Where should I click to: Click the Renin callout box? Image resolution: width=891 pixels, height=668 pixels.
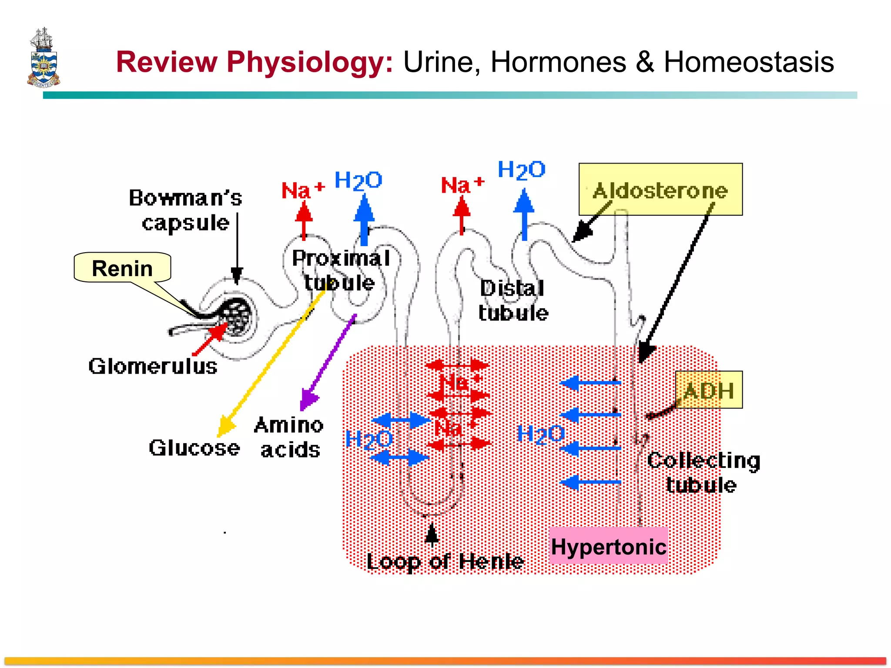click(x=122, y=267)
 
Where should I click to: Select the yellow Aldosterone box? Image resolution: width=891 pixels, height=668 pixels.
click(x=660, y=190)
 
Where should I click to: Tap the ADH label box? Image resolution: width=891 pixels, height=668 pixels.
click(x=708, y=390)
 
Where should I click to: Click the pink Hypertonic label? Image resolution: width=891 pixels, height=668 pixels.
click(x=608, y=546)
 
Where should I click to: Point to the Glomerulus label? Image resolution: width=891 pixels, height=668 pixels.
click(x=153, y=366)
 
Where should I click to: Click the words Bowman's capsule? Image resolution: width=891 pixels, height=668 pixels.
click(x=185, y=210)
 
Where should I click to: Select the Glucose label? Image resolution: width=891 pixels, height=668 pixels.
click(x=194, y=448)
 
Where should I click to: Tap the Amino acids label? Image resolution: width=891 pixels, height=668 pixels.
click(x=289, y=437)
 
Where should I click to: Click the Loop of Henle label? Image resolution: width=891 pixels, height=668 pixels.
click(x=445, y=561)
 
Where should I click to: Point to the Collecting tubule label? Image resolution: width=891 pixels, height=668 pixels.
click(x=703, y=472)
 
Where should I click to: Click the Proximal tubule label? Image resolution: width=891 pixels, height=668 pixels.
click(x=340, y=270)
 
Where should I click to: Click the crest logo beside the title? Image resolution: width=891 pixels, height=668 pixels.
click(x=43, y=58)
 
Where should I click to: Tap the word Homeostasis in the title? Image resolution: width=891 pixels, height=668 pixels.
click(x=748, y=62)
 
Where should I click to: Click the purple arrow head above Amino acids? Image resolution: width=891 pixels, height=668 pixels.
click(x=308, y=399)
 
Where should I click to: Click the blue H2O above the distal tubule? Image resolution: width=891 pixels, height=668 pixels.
click(x=521, y=170)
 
